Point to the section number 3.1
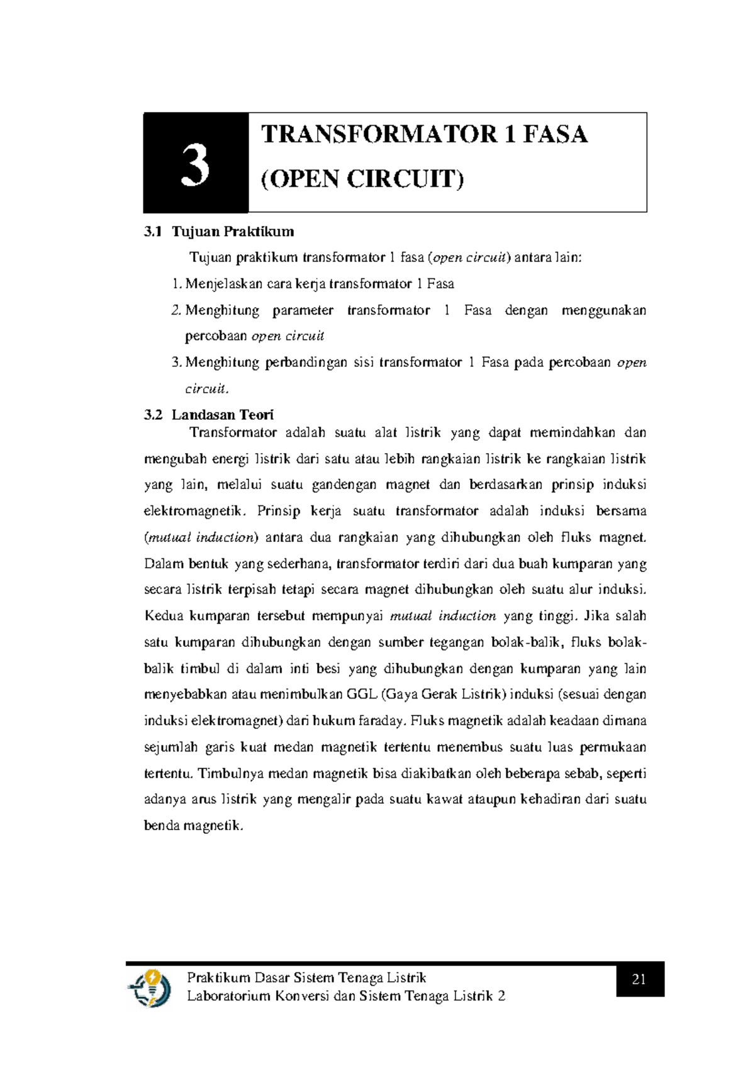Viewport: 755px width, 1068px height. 153,232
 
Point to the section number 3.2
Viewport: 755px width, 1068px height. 153,415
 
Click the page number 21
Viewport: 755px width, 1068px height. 639,979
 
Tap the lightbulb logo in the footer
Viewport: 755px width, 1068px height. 150,987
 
